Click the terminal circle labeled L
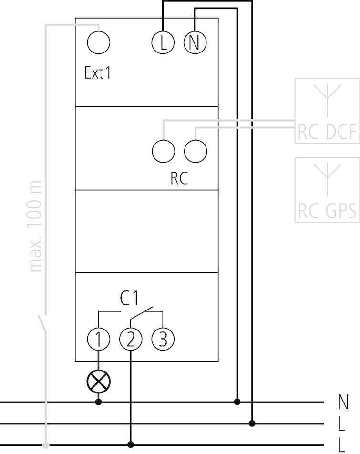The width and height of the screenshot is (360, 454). click(x=164, y=43)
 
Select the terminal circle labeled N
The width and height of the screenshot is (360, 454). click(x=195, y=43)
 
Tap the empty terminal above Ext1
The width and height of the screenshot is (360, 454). click(x=99, y=43)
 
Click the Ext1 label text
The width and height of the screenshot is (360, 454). click(x=98, y=73)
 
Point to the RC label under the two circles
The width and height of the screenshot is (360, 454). click(x=179, y=178)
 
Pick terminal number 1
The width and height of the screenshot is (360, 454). click(x=99, y=339)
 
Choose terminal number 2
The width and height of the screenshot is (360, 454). click(x=131, y=339)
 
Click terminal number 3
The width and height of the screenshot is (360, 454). click(x=163, y=339)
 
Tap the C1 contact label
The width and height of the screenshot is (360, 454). click(x=129, y=299)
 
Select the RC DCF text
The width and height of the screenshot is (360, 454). click(x=327, y=133)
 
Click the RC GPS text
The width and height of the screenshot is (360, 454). click(x=327, y=211)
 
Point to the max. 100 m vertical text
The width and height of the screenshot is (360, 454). click(x=36, y=226)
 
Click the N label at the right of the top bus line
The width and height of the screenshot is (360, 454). click(x=343, y=402)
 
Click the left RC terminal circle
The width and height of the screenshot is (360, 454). click(x=164, y=151)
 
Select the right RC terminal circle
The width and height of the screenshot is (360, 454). click(x=195, y=151)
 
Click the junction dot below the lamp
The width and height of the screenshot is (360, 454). click(x=99, y=402)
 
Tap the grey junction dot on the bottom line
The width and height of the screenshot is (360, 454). click(x=46, y=445)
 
